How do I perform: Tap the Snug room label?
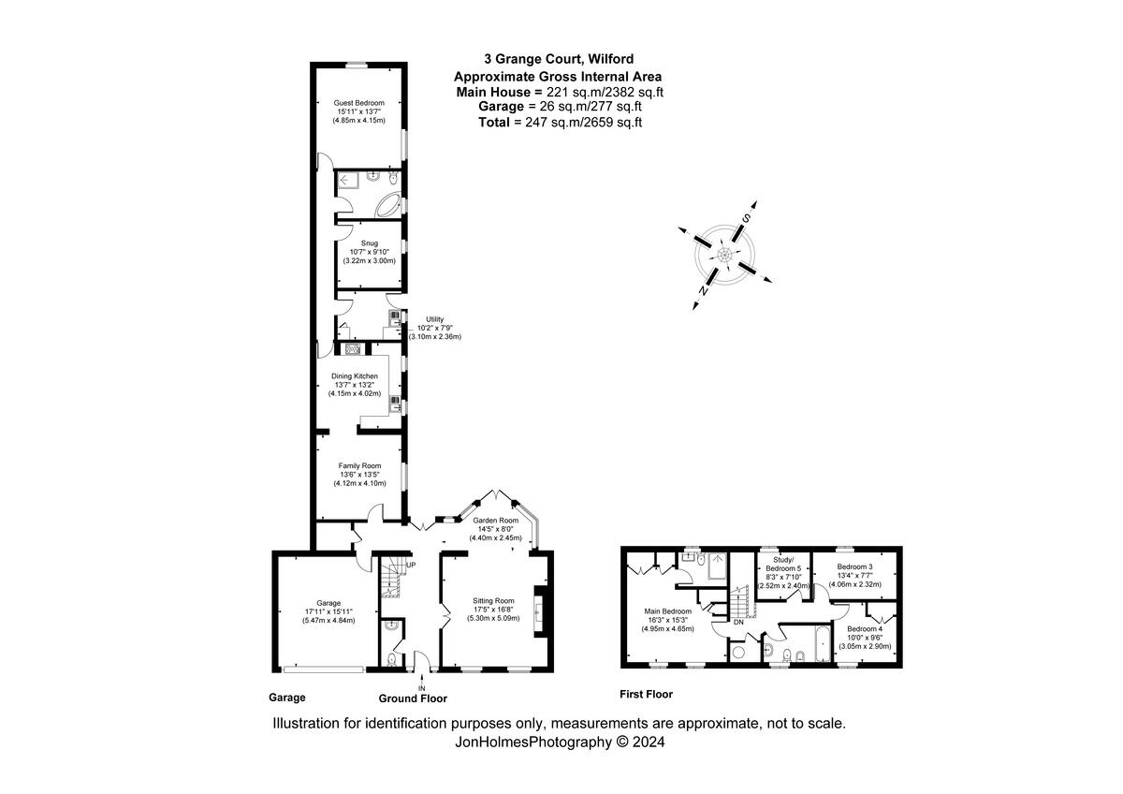[369, 243]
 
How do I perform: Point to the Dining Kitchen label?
[354, 376]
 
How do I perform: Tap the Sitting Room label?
[493, 600]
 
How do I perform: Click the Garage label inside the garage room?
[328, 603]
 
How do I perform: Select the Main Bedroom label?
[668, 611]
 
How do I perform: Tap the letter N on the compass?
[703, 292]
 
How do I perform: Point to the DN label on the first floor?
[738, 623]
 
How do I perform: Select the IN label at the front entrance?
[421, 688]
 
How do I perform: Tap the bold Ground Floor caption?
[413, 698]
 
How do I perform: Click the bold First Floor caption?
[647, 695]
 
